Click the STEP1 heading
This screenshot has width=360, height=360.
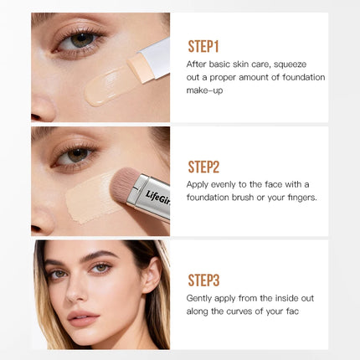pos(203,46)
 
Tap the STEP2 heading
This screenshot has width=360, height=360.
pos(203,167)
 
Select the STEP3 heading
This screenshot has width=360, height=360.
pos(203,280)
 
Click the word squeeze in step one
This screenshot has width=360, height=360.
pos(291,64)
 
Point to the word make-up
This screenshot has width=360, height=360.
pos(204,90)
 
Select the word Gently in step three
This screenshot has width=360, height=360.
pos(198,298)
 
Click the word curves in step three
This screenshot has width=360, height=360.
pos(239,311)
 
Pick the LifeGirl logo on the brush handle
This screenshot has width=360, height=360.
pos(158,198)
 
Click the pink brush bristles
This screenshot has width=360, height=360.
pos(125,184)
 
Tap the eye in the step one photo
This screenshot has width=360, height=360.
pos(79,41)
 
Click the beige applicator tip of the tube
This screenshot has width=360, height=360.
pos(140,69)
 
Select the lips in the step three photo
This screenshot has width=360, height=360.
pos(83,318)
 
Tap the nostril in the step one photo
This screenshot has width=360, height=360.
pos(35,116)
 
